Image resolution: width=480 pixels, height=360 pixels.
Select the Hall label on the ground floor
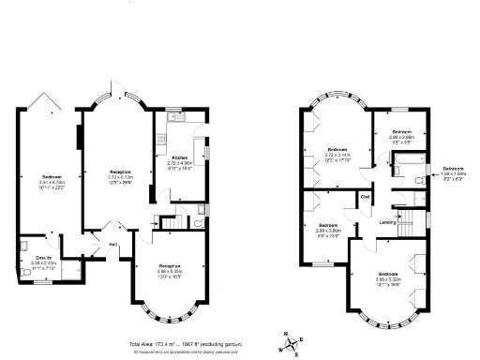(112, 244)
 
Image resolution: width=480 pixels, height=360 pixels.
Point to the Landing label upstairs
(385, 222)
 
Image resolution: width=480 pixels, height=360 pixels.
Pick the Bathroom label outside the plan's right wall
(454, 169)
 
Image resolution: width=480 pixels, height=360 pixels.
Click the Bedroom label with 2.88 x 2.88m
(401, 131)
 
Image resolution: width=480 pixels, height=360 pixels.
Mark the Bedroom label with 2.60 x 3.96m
(328, 226)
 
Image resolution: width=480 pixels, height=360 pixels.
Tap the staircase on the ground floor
(169, 222)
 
